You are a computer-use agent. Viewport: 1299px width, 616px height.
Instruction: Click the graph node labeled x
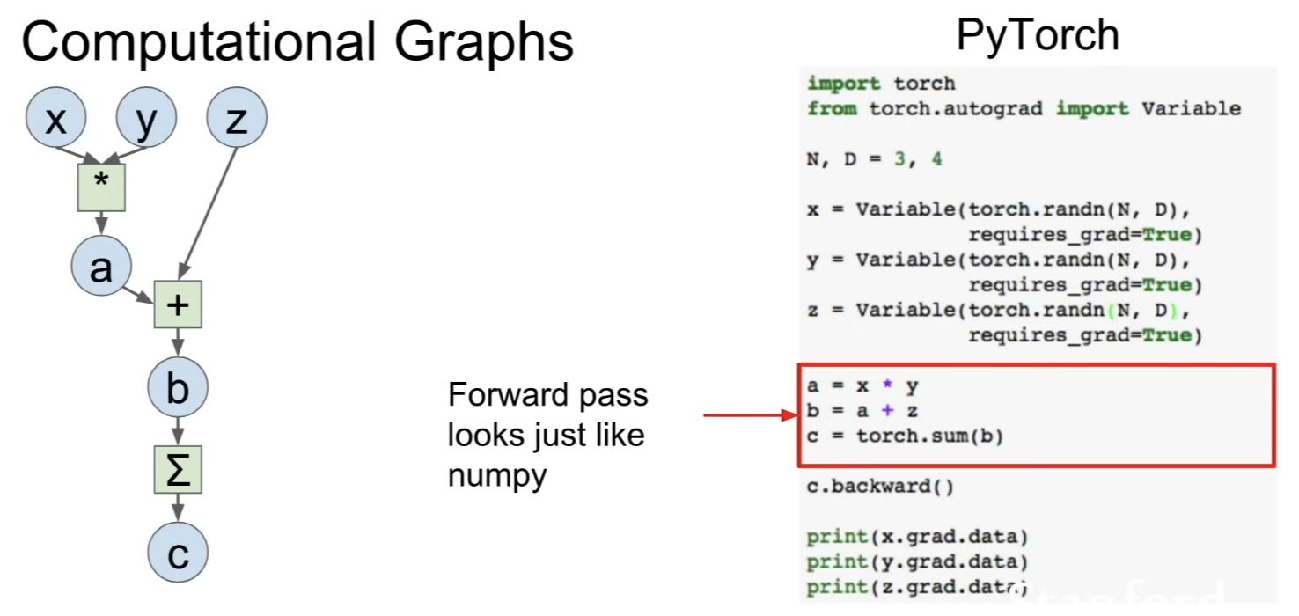56,117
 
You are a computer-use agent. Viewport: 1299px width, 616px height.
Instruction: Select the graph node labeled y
146,117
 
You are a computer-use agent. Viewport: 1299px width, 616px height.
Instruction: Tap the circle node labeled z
237,117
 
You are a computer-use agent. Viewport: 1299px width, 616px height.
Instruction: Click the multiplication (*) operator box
101,187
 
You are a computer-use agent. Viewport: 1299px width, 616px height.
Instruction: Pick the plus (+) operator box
178,304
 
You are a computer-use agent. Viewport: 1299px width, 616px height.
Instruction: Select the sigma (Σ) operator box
178,470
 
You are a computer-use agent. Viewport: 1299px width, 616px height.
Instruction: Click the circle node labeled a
101,266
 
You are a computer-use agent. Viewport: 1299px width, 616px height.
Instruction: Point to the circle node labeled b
178,387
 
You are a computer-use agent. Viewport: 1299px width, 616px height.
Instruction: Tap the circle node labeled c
178,552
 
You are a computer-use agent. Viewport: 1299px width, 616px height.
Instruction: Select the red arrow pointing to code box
751,415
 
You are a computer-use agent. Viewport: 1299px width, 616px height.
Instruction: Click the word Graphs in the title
484,43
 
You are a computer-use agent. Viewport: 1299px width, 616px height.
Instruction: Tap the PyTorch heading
1038,36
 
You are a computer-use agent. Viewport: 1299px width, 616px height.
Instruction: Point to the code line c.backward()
880,486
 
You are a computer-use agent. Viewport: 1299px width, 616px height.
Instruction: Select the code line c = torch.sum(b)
905,436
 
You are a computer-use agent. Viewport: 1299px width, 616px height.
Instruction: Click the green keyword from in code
832,108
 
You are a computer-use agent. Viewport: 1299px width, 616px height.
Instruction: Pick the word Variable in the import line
1191,108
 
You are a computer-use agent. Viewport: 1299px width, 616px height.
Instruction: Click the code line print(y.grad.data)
917,562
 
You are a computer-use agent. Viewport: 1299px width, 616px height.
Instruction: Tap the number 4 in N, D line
936,159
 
